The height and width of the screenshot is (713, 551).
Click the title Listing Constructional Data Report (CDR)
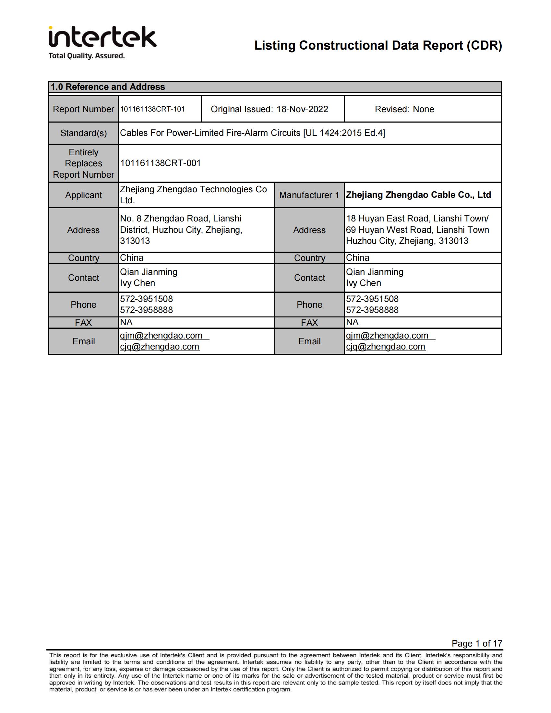coord(378,45)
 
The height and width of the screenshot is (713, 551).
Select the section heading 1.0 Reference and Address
coord(108,87)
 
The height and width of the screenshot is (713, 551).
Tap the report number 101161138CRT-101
coord(152,109)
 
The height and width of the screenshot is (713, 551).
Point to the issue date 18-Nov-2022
coord(302,109)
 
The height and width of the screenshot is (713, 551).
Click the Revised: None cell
coord(404,109)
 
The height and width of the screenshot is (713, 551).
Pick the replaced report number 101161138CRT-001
coord(160,163)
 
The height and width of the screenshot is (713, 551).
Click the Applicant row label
coord(84,195)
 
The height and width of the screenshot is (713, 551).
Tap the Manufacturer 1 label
coord(309,195)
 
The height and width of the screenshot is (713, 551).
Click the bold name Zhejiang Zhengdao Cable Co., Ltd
coord(418,195)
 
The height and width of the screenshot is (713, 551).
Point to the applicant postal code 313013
coord(135,241)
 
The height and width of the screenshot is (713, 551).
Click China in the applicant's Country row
coord(132,257)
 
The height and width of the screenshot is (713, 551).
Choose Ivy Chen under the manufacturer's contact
coord(363,283)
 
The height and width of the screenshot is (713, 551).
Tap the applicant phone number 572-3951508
coord(146,299)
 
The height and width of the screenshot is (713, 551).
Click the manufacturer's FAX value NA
coord(352,322)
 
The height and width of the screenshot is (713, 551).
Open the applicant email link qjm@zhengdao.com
coord(161,335)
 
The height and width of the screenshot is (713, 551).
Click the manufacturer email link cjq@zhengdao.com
coord(385,346)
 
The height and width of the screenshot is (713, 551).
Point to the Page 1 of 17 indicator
coord(476,643)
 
